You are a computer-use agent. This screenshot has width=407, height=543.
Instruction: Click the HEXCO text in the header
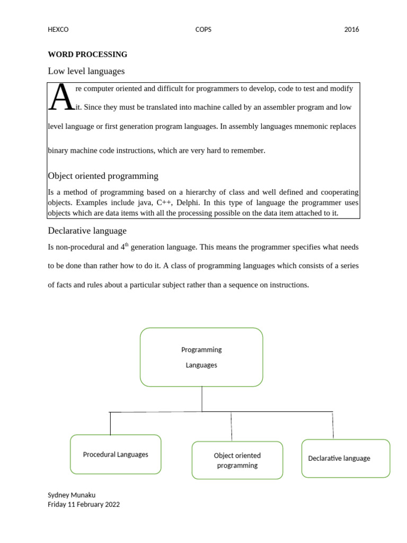coord(58,30)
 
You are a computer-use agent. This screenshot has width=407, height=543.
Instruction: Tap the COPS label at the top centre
coord(203,30)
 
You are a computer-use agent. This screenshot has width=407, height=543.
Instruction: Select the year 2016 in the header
coord(351,30)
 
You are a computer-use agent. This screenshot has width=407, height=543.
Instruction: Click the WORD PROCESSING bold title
coord(87,54)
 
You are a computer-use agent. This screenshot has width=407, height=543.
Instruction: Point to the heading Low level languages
coord(86,71)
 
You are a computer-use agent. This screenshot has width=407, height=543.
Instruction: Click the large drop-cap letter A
coord(60,98)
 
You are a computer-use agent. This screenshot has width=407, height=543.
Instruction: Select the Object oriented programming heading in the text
coord(103,176)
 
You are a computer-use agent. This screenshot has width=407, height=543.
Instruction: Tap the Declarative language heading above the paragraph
coord(87,231)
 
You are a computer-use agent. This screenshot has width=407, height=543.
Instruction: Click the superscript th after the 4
coord(127,245)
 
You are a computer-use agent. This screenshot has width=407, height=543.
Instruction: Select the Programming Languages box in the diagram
coord(201,357)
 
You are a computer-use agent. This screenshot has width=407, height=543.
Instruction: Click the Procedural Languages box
coord(116,454)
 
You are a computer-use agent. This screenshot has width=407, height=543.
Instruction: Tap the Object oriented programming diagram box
coord(237,460)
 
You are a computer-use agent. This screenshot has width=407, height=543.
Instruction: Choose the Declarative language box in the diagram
coord(346,458)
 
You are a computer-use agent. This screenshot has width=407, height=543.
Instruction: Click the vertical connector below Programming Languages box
coord(202,399)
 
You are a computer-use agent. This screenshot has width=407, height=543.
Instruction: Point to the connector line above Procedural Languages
coord(110,423)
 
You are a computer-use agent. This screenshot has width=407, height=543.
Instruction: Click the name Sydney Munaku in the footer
coord(71,495)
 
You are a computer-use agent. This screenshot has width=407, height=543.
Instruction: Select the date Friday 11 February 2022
coord(84,504)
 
